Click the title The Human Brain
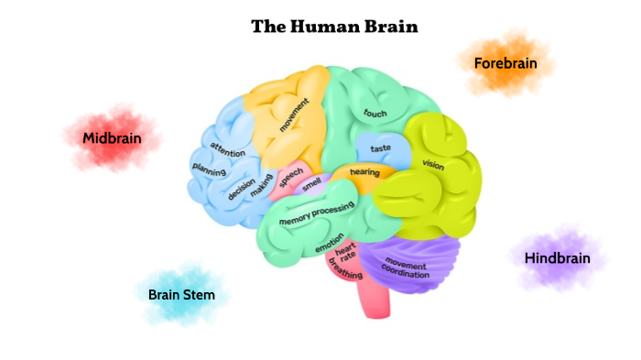click(x=334, y=27)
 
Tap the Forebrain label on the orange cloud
click(x=505, y=63)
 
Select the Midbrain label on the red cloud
click(x=111, y=138)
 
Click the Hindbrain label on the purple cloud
click(x=557, y=258)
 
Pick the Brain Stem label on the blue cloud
click(x=181, y=295)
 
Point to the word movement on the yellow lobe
click(x=295, y=122)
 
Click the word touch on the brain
click(x=375, y=114)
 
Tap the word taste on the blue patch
click(x=381, y=148)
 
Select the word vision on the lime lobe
click(x=433, y=165)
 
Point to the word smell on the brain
click(x=312, y=184)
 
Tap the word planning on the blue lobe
click(x=209, y=168)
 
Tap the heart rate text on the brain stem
click(x=346, y=254)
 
